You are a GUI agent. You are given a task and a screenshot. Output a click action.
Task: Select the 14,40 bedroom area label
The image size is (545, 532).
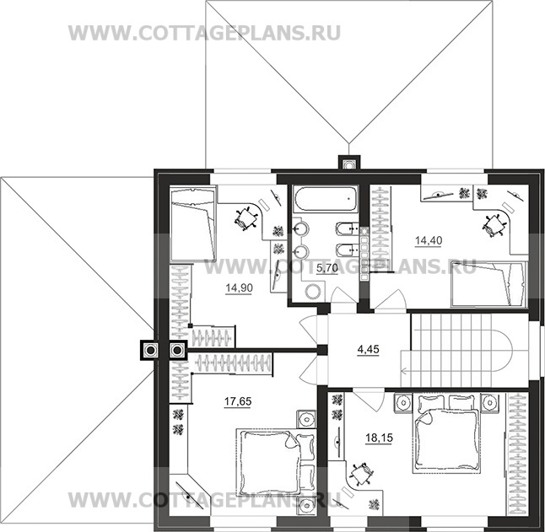pyautogui.click(x=428, y=240)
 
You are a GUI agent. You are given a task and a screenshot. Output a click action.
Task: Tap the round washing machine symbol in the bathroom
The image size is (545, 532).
pyautogui.click(x=311, y=291)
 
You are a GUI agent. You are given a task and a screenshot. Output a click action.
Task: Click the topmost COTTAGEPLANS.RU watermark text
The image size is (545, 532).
pyautogui.click(x=205, y=33)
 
